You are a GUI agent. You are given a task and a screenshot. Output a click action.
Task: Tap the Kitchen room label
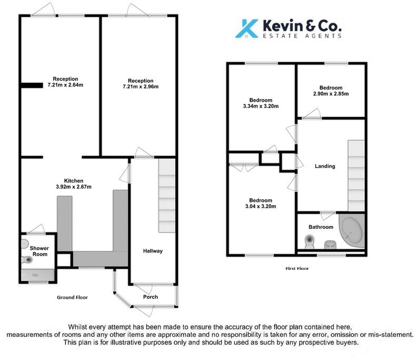74,180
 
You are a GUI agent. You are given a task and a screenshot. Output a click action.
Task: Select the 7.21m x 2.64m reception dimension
65,85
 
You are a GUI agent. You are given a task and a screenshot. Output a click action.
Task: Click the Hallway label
153,251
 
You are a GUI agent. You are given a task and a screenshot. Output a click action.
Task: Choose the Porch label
151,296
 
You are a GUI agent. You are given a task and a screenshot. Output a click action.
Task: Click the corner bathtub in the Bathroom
351,232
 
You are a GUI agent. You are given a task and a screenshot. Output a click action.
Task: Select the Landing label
325,167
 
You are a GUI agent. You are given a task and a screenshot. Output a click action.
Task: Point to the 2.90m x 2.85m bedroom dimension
330,94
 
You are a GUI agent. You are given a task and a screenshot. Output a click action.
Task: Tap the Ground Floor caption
72,297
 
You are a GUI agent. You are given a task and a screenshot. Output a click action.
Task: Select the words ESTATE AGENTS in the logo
303,36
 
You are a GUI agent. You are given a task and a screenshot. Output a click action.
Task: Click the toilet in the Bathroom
309,242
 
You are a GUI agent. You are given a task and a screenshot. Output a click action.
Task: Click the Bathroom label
321,227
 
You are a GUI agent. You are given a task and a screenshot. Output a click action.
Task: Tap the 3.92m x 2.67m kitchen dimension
74,187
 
